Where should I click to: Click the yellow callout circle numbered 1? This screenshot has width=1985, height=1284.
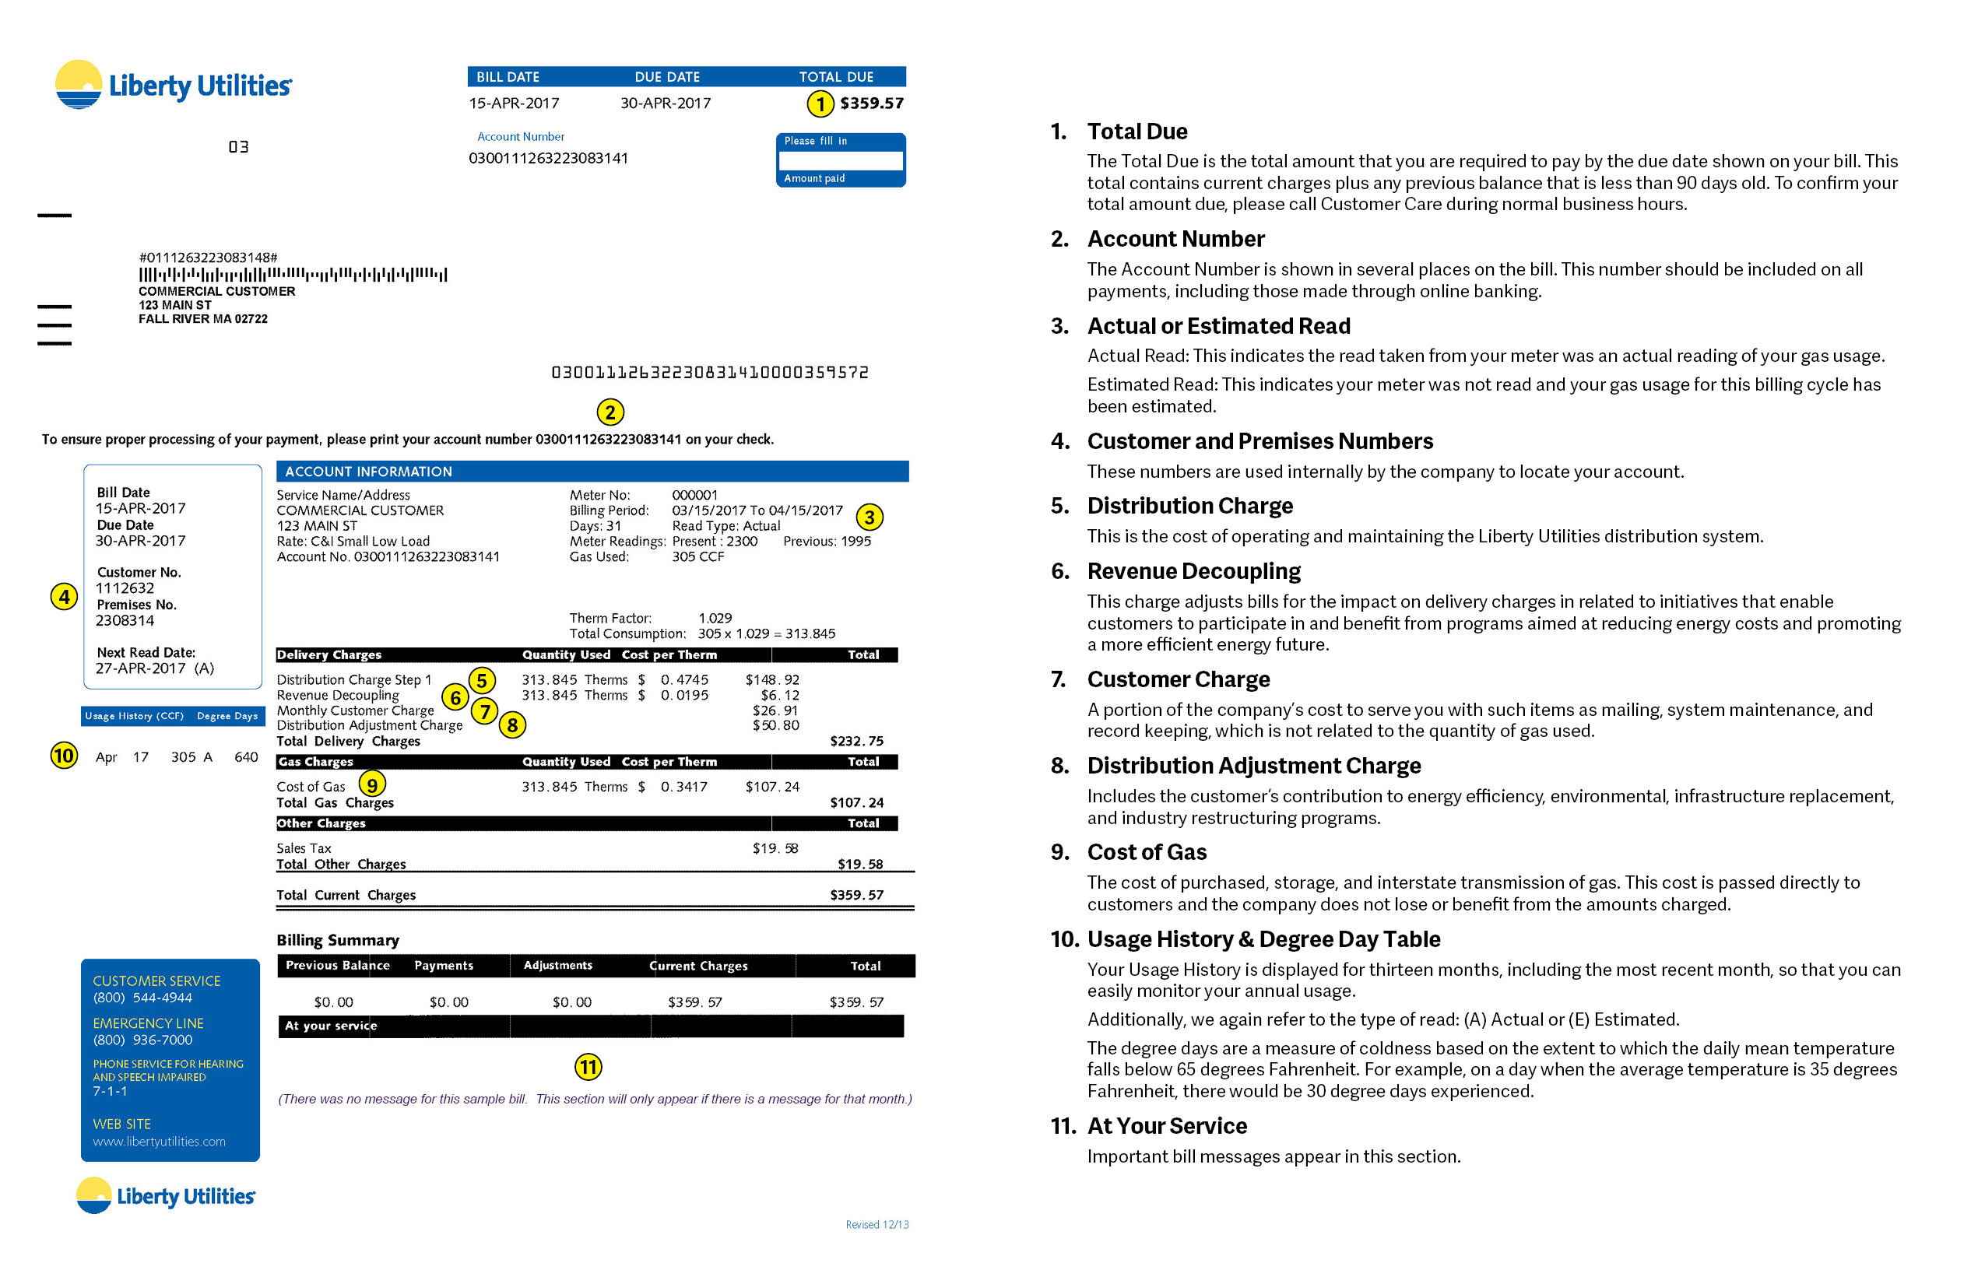[x=820, y=104]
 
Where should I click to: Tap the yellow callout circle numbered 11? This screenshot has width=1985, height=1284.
[x=588, y=1067]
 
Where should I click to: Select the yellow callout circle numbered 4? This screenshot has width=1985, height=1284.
[x=64, y=596]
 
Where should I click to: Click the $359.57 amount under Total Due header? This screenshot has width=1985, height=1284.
[x=872, y=103]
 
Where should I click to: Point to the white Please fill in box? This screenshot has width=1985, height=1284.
[x=840, y=160]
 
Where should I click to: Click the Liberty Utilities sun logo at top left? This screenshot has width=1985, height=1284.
[x=79, y=84]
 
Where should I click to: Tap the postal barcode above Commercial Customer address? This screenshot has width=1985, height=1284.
[x=292, y=274]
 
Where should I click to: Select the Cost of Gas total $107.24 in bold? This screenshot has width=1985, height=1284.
[x=856, y=803]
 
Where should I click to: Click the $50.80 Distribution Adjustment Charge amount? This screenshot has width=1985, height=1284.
[x=775, y=725]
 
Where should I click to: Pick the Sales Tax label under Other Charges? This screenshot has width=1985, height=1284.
[x=304, y=849]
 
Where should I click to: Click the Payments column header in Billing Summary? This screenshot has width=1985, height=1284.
[x=444, y=966]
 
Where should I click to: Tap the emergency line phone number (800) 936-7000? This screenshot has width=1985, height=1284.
[x=142, y=1040]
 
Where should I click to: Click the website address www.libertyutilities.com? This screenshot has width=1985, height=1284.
[x=160, y=1142]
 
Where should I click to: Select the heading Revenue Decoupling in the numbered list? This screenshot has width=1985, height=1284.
[x=1193, y=571]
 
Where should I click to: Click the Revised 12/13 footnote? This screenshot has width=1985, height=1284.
[x=877, y=1225]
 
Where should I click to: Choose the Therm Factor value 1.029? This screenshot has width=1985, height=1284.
[x=715, y=618]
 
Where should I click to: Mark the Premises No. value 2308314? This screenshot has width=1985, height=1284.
[x=125, y=620]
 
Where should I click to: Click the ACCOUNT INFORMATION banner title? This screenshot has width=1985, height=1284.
[x=369, y=472]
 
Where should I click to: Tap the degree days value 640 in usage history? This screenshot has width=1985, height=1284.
[x=246, y=757]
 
